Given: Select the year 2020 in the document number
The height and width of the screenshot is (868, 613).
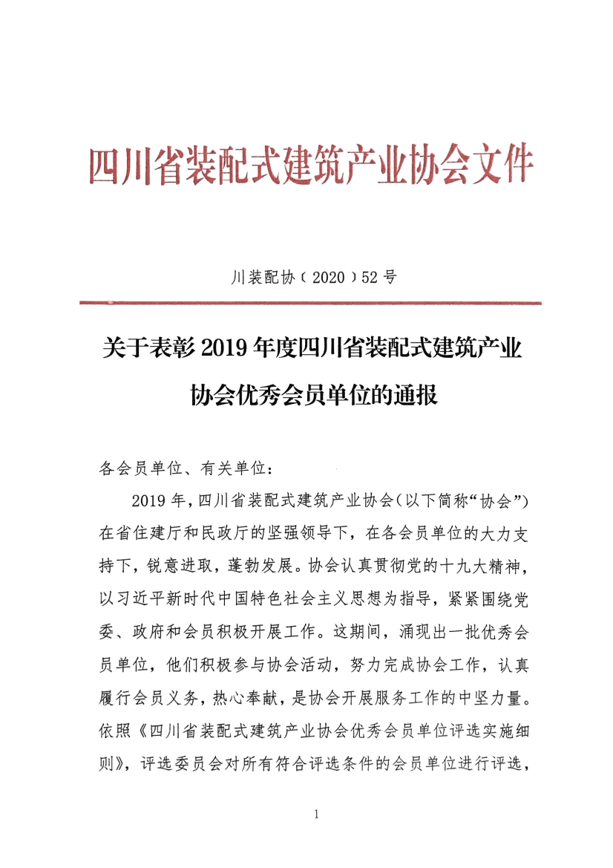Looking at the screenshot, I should pyautogui.click(x=325, y=278).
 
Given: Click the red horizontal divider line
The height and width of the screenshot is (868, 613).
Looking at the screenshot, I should pyautogui.click(x=309, y=303).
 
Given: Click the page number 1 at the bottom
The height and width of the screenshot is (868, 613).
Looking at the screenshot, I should pyautogui.click(x=317, y=814).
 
